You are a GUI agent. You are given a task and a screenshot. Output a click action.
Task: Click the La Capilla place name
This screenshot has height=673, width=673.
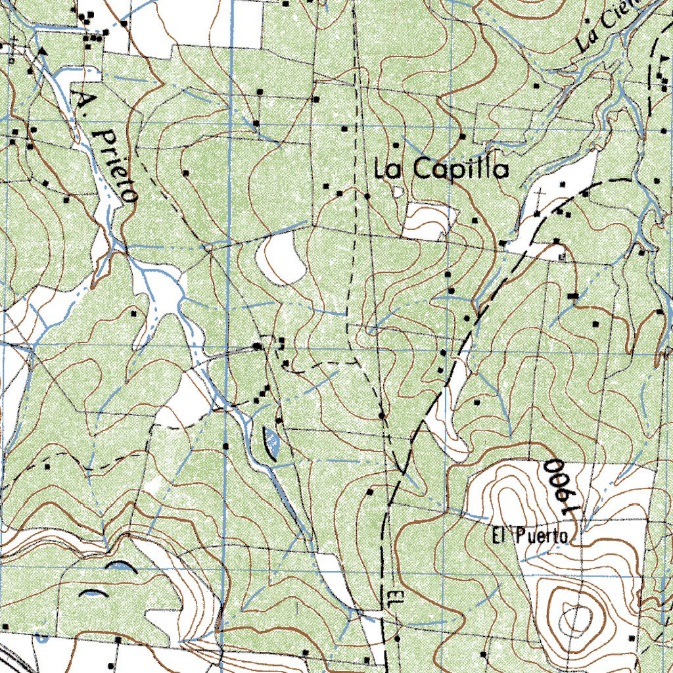click(442, 170)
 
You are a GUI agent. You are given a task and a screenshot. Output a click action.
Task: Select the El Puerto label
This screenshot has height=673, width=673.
click(529, 536)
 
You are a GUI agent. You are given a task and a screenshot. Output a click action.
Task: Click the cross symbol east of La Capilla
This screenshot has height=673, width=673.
click(540, 195)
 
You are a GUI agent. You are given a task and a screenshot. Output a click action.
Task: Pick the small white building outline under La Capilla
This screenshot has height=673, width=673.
click(398, 191)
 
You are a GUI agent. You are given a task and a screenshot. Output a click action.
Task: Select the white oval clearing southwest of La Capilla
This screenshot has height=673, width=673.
click(281, 258)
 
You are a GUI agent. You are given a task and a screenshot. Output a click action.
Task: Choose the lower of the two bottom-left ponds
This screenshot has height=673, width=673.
click(92, 593)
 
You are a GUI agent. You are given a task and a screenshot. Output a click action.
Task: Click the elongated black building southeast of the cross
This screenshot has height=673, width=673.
click(572, 297)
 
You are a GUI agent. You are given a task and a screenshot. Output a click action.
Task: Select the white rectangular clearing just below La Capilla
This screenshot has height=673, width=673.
click(428, 220)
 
